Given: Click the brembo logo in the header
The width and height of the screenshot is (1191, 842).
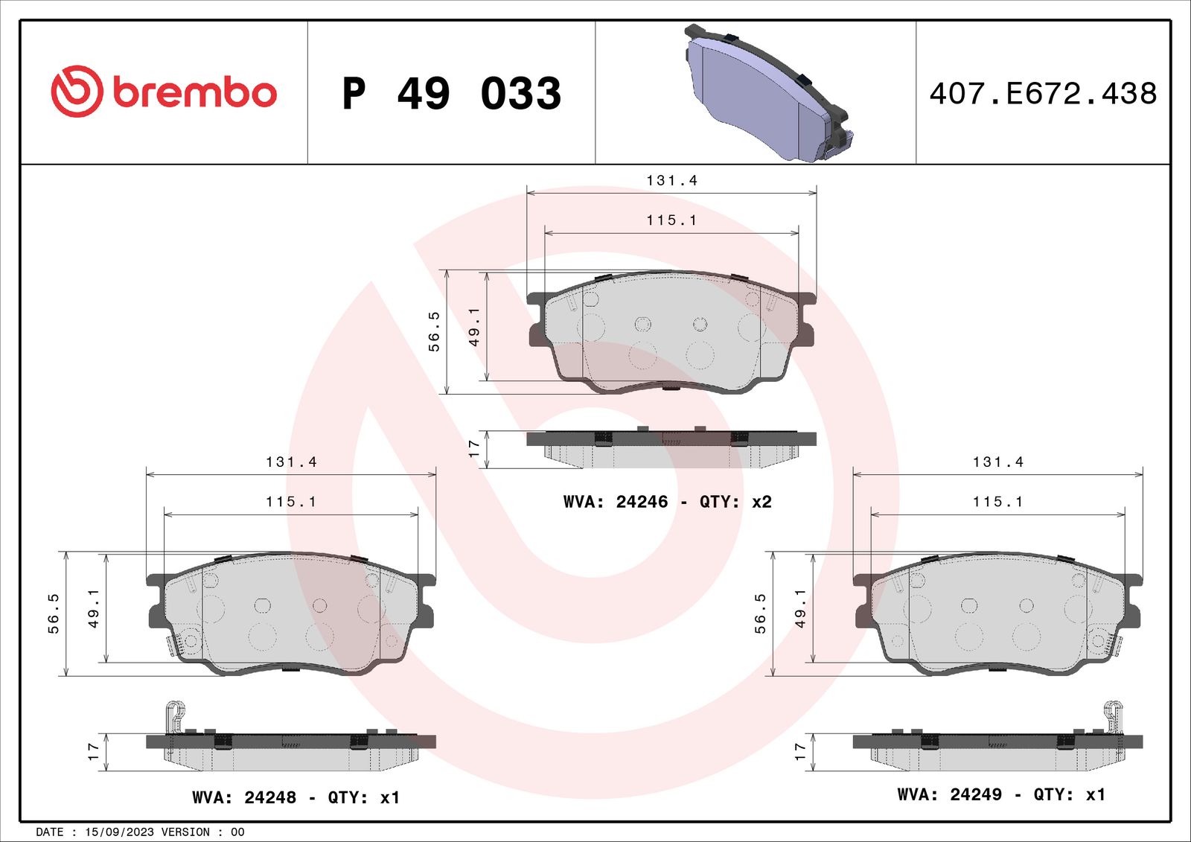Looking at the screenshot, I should [164, 92].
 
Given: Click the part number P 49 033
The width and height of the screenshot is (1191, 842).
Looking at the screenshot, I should [451, 94].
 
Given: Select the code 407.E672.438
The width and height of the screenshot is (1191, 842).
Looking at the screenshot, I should [1043, 94].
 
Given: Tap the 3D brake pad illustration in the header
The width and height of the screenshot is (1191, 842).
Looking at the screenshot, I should [767, 93].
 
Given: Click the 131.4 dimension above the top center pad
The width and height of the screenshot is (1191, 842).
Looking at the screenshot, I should [671, 181].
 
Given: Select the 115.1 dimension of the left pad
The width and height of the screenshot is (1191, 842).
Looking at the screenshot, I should [291, 502].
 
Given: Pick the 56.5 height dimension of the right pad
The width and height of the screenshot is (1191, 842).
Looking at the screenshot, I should [760, 613].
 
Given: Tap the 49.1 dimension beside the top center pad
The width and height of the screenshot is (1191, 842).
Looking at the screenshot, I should [474, 326].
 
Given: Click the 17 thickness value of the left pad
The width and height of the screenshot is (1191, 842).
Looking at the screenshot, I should [93, 751].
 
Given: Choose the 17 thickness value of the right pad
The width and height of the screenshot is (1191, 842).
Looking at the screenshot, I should [800, 751].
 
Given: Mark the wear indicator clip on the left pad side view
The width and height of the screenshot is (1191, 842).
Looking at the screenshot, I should [174, 715].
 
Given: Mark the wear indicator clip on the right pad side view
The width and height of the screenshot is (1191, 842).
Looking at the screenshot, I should [1114, 715].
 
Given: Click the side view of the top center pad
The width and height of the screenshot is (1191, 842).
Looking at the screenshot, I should [671, 448].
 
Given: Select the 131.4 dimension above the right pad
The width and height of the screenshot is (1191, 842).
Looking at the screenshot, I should [997, 462].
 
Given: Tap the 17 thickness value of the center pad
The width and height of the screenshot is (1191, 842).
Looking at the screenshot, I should [474, 448].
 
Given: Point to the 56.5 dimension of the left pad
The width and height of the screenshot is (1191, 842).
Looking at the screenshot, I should [54, 613].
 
